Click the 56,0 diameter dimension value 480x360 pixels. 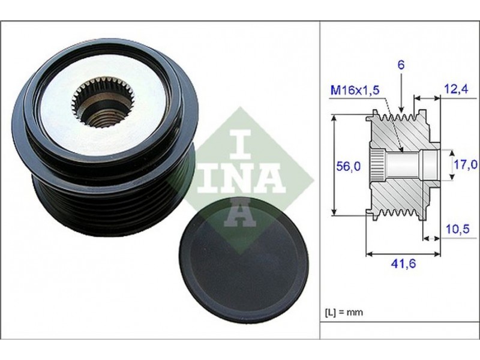point(349,167)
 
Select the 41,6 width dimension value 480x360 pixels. point(404,263)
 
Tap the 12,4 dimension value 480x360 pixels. point(456,89)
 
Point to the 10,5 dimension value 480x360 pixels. point(458,229)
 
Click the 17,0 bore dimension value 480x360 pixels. point(466,164)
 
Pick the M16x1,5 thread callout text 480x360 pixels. point(355,90)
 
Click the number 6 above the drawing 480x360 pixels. point(401,65)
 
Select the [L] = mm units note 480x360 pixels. point(344,312)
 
